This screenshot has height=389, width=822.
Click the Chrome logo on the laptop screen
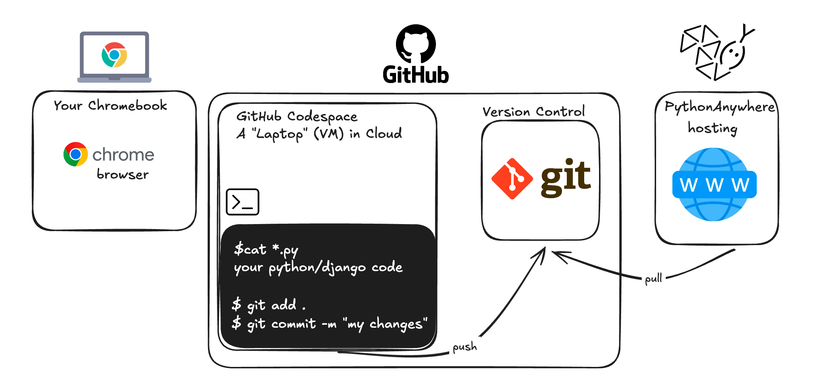click(114, 55)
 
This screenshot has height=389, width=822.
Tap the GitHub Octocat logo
click(416, 43)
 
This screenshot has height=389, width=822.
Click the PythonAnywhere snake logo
click(717, 52)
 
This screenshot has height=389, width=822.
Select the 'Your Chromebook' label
click(110, 105)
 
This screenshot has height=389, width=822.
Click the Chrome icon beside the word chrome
click(76, 154)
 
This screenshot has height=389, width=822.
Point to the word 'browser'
click(123, 174)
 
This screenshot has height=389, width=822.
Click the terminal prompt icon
click(243, 202)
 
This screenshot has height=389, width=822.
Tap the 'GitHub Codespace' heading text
click(297, 116)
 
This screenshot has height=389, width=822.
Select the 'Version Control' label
click(533, 111)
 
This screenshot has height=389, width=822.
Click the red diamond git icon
click(512, 178)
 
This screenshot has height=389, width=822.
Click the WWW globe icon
click(714, 185)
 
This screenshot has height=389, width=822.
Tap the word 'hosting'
click(712, 128)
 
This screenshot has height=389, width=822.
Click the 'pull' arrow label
click(653, 279)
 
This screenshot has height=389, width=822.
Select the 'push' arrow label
click(465, 347)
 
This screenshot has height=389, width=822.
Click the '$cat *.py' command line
click(266, 250)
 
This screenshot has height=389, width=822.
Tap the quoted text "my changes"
click(385, 324)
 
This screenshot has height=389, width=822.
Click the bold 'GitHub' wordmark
click(416, 75)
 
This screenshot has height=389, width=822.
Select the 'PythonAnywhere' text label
click(720, 107)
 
